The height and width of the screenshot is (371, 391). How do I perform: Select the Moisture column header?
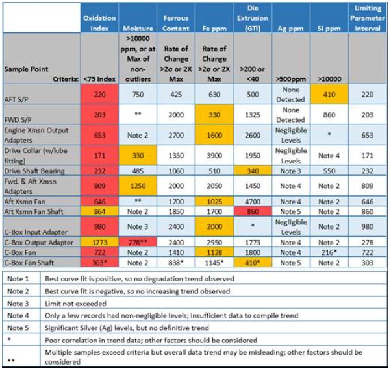(x=138, y=29)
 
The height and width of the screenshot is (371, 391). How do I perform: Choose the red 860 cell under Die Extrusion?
(x=252, y=211)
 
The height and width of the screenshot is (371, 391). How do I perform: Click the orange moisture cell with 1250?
(x=138, y=185)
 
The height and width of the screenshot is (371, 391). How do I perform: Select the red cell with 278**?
(x=138, y=243)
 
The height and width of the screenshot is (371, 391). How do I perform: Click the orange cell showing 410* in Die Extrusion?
(x=252, y=262)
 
